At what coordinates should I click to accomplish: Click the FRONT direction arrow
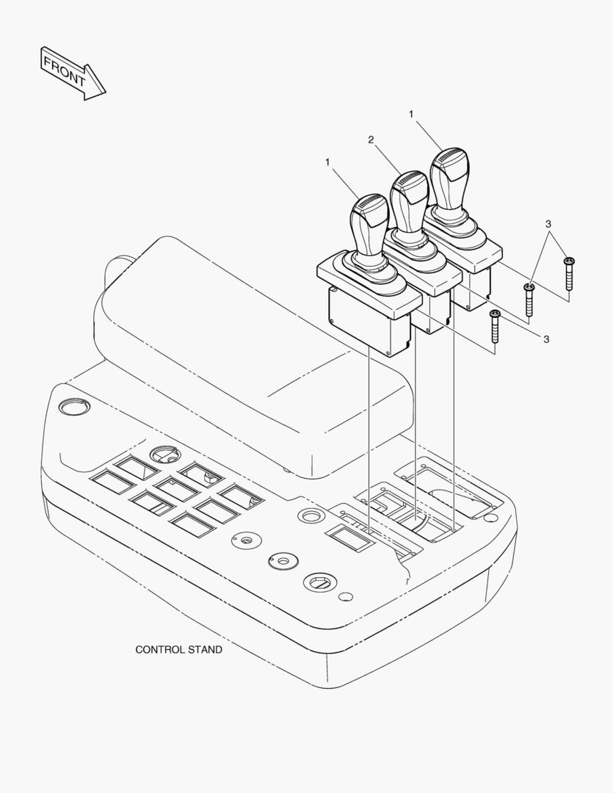click(73, 74)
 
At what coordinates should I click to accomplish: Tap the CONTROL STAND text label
click(178, 649)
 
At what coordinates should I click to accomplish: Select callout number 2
click(371, 140)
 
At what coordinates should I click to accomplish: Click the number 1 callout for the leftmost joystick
click(327, 162)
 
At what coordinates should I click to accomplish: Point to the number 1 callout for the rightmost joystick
click(411, 115)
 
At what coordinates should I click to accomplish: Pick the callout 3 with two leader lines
click(548, 223)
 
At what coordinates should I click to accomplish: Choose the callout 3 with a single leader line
click(546, 339)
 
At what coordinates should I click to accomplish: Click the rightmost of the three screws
click(569, 273)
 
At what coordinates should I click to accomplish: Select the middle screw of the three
click(529, 300)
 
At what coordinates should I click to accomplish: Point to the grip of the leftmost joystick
click(369, 228)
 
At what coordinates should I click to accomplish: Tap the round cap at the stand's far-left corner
click(74, 406)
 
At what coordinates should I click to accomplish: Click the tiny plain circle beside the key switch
click(346, 597)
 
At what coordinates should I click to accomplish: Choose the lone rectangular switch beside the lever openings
click(348, 537)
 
